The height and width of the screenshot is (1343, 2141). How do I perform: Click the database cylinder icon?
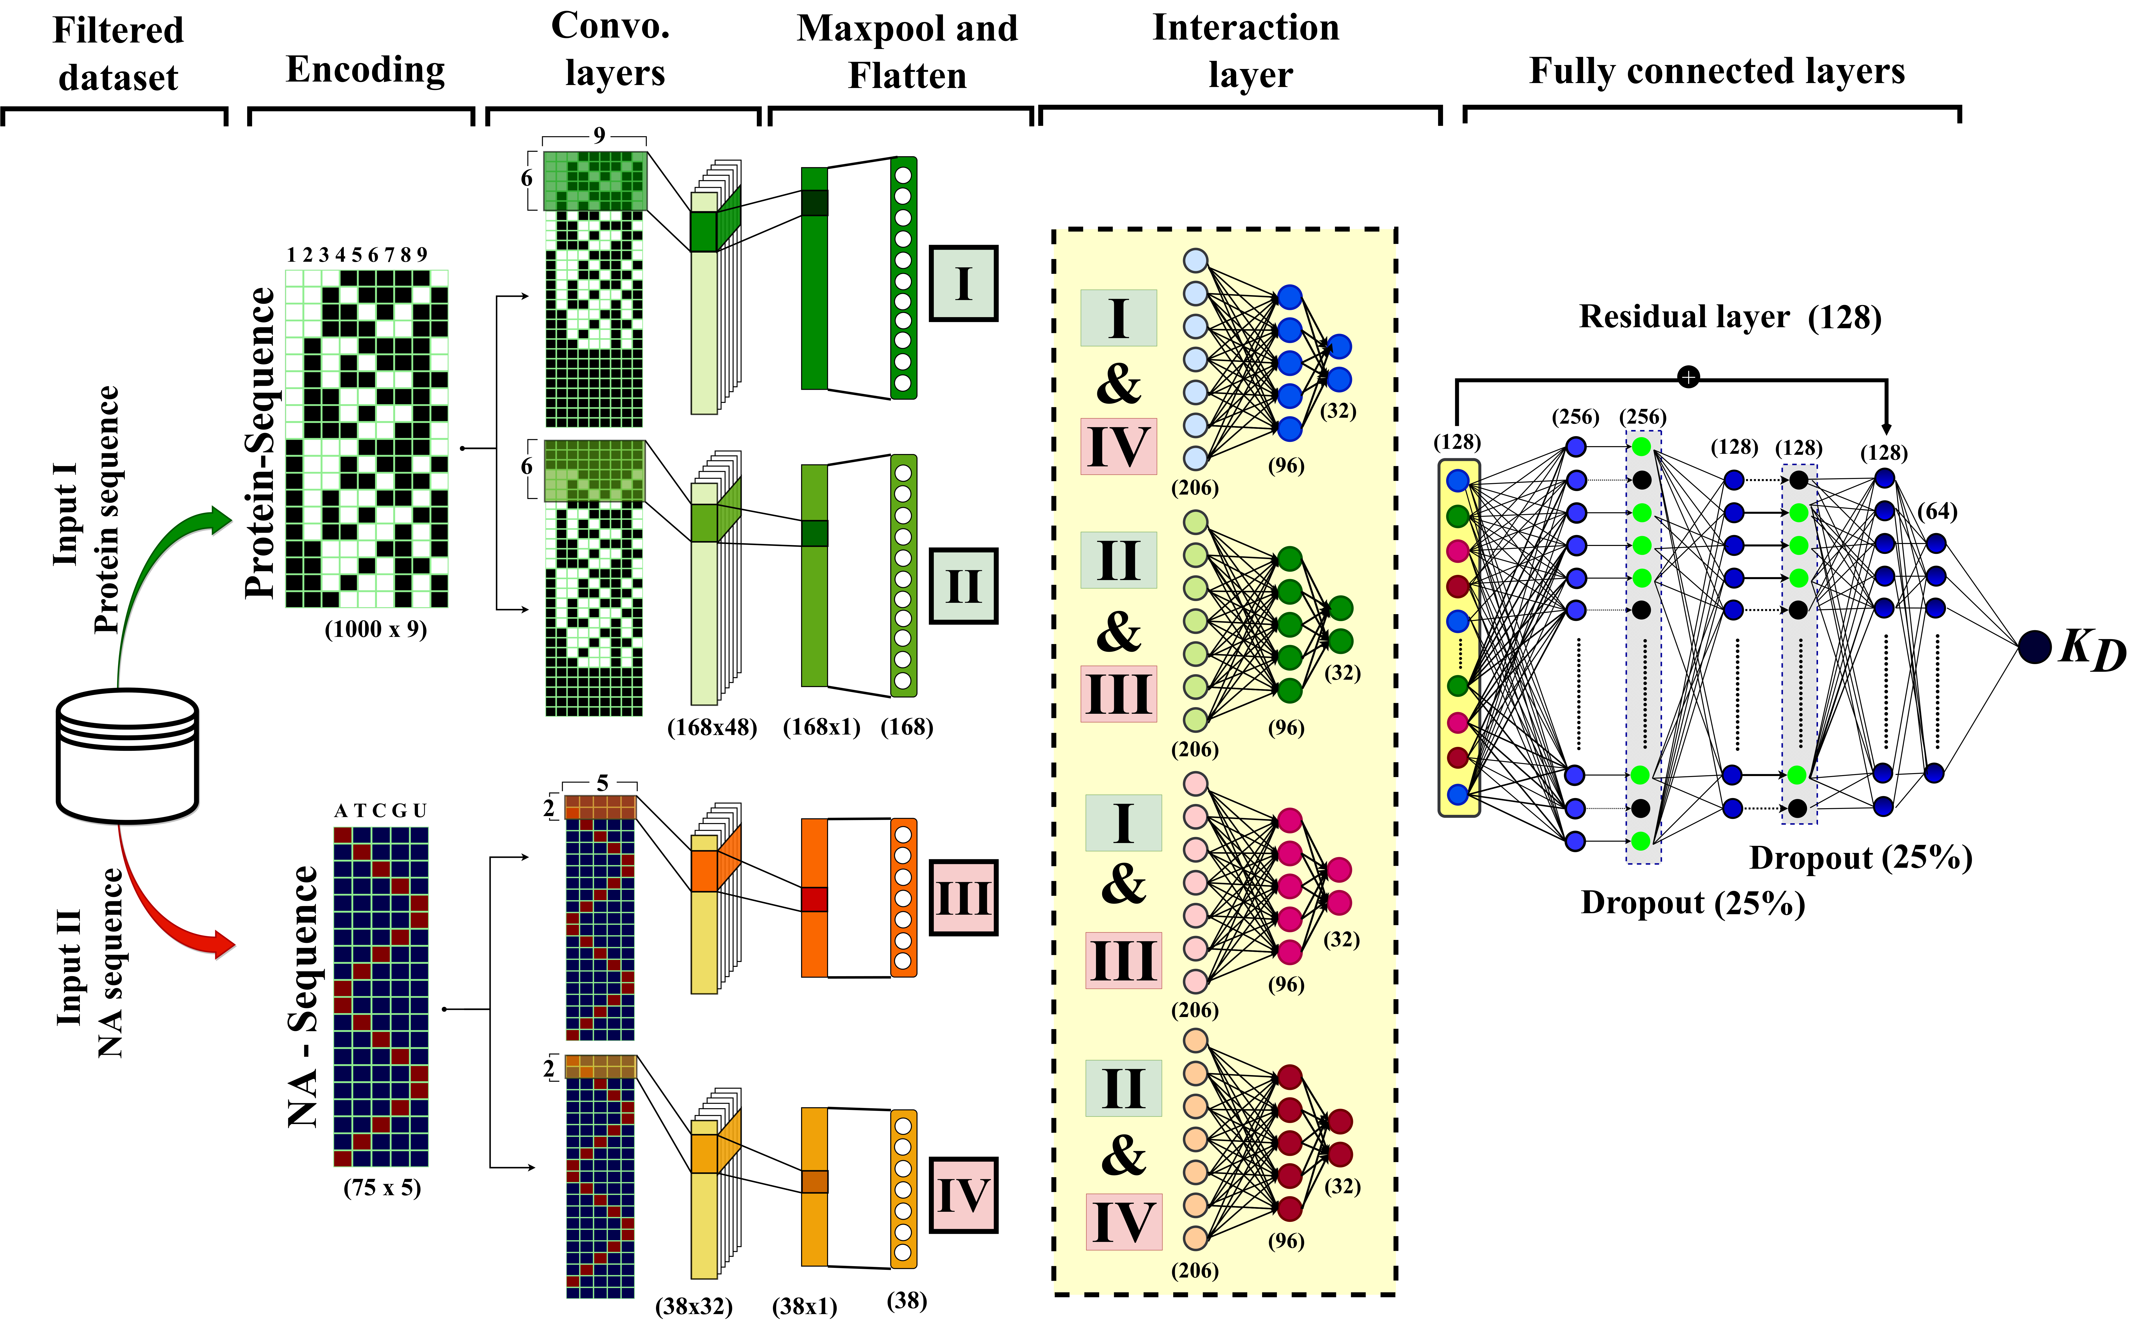point(127,755)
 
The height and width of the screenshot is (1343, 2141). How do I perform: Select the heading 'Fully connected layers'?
point(1716,71)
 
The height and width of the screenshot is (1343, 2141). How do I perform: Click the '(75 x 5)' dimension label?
point(382,1188)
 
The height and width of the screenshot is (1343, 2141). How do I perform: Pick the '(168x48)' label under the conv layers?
point(712,727)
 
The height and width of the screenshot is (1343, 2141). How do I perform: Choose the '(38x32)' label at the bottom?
point(694,1306)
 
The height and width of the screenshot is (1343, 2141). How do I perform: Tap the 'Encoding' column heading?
point(365,69)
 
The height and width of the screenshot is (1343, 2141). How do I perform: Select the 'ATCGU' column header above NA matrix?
point(380,810)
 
